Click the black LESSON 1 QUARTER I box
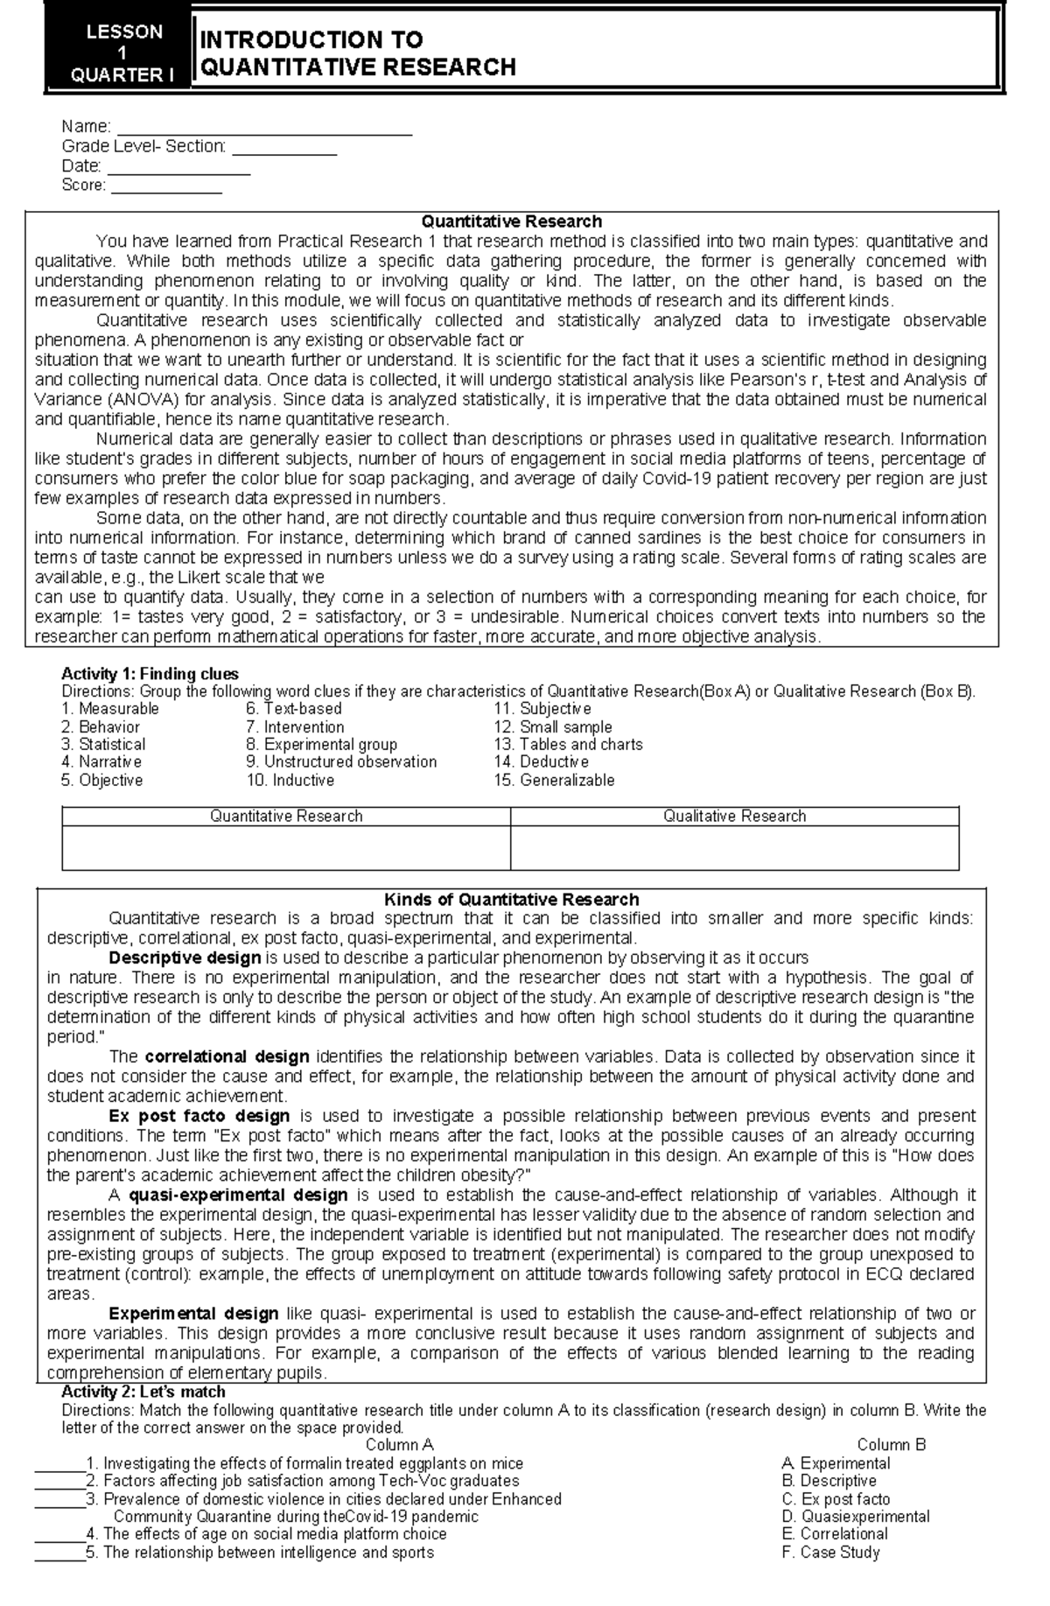(117, 53)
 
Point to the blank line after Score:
(166, 191)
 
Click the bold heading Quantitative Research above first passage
(512, 221)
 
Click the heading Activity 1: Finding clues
(150, 674)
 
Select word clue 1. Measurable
(110, 709)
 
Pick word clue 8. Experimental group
(321, 745)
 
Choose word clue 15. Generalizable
(554, 781)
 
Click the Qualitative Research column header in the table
(734, 817)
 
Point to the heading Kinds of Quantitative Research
(512, 900)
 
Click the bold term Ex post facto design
(199, 1116)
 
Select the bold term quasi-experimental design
(238, 1195)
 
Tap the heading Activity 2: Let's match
(143, 1392)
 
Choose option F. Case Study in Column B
(830, 1577)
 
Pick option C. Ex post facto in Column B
(836, 1524)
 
